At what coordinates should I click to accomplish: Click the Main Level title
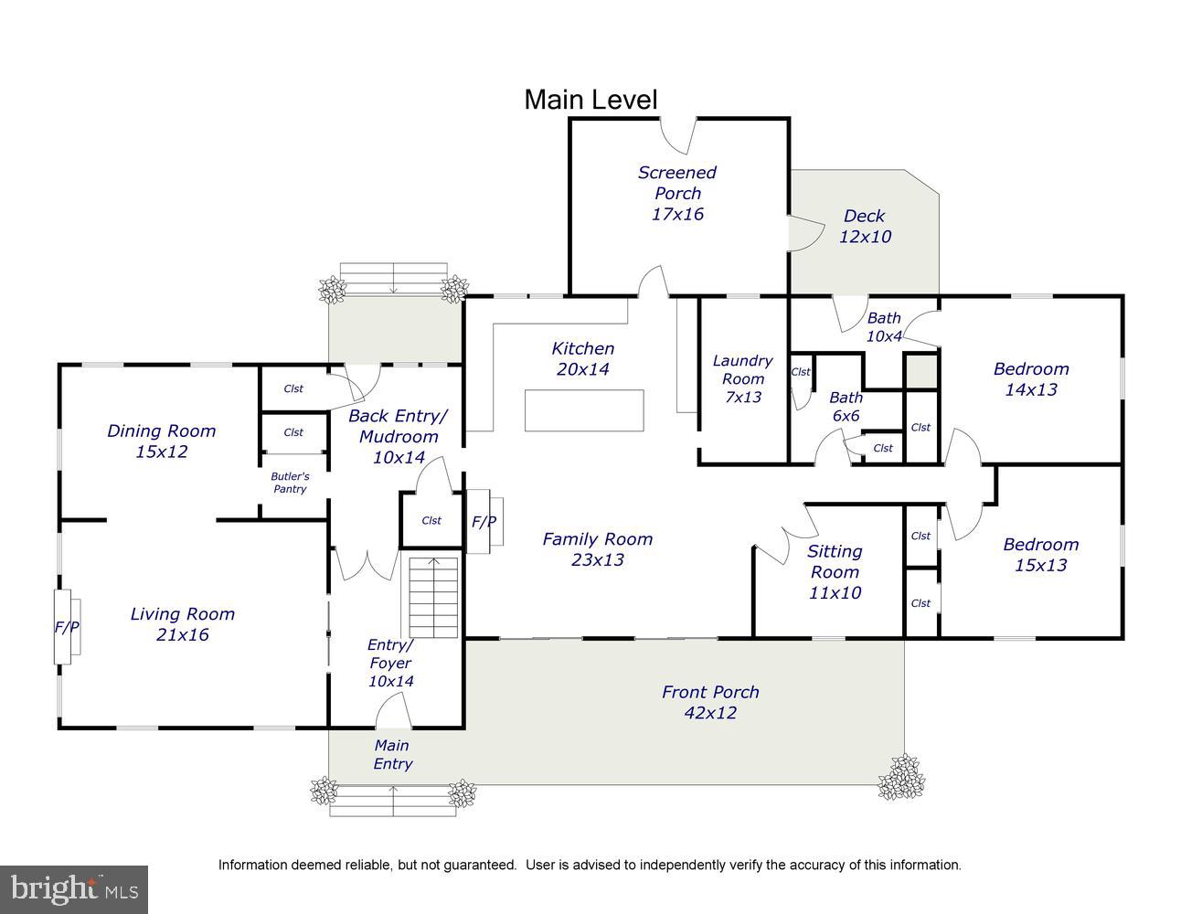pyautogui.click(x=590, y=100)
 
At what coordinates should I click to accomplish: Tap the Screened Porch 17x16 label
pyautogui.click(x=677, y=193)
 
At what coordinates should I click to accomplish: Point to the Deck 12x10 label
pyautogui.click(x=865, y=226)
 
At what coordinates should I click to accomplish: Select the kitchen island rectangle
pyautogui.click(x=584, y=410)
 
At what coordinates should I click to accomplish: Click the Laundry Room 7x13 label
pyautogui.click(x=743, y=378)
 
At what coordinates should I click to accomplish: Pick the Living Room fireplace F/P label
pyautogui.click(x=67, y=627)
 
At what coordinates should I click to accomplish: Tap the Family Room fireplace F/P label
pyautogui.click(x=484, y=522)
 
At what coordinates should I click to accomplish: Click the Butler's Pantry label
pyautogui.click(x=291, y=483)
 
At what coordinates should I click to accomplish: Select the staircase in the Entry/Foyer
pyautogui.click(x=433, y=597)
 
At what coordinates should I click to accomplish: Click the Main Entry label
pyautogui.click(x=392, y=754)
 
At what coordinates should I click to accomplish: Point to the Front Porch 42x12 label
pyautogui.click(x=710, y=702)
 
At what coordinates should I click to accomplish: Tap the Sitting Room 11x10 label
pyautogui.click(x=835, y=571)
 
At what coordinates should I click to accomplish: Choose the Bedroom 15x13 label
pyautogui.click(x=1041, y=555)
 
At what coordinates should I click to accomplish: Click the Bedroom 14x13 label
pyautogui.click(x=1031, y=379)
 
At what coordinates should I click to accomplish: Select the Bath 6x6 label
pyautogui.click(x=846, y=407)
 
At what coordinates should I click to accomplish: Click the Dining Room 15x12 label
pyautogui.click(x=162, y=441)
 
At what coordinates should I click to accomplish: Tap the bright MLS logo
pyautogui.click(x=74, y=889)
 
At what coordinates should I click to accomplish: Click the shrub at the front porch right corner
pyautogui.click(x=901, y=777)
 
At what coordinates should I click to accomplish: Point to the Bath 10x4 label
pyautogui.click(x=884, y=327)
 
